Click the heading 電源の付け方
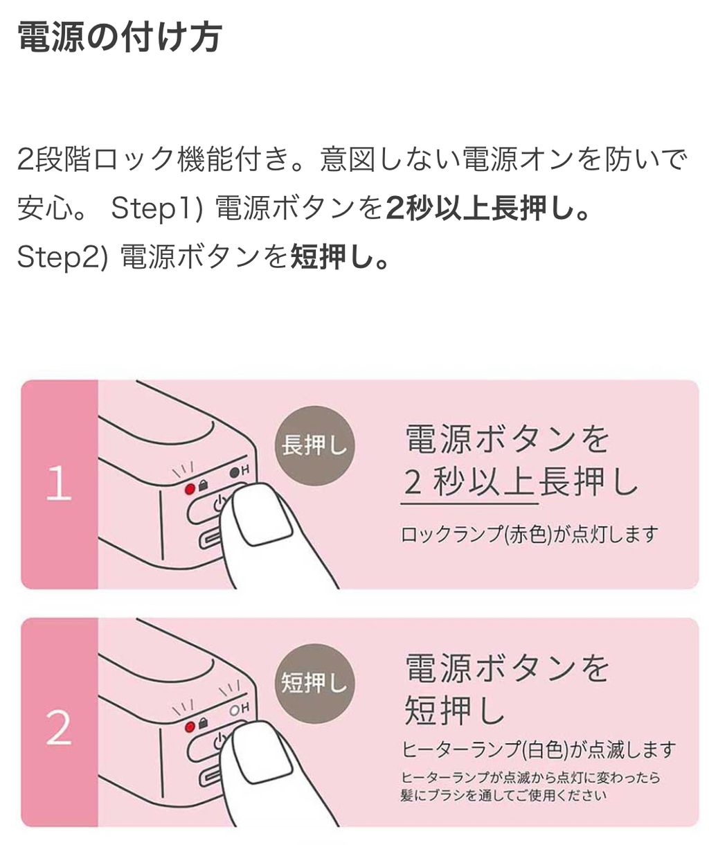pos(120,37)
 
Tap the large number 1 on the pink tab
pos(59,483)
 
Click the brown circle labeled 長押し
pos(315,445)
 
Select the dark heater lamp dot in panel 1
pos(235,472)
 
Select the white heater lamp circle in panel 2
pos(235,710)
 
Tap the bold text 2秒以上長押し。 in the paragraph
pos(487,208)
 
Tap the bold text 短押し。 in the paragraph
pos(340,257)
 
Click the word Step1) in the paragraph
pos(156,208)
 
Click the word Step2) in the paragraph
pos(63,258)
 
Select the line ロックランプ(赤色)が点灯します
pos(529,535)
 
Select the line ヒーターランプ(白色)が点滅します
pos(538,749)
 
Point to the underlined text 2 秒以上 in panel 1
pos(469,483)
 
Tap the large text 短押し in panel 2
pos(454,711)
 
